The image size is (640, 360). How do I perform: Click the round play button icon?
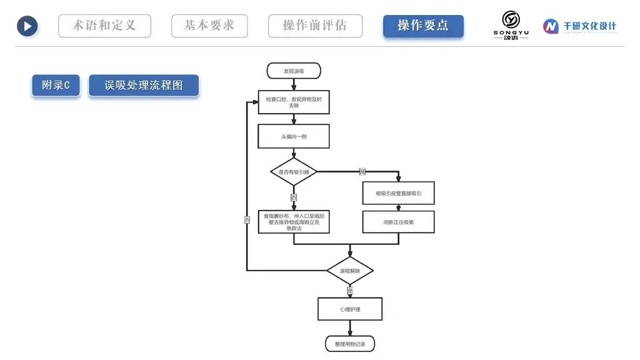click(27, 26)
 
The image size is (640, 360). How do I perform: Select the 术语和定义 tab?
click(104, 26)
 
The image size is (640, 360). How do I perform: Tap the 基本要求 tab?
click(209, 26)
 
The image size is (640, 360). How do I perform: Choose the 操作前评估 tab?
click(315, 26)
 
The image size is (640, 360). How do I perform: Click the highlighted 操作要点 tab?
click(423, 26)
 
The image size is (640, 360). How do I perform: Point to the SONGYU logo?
click(511, 26)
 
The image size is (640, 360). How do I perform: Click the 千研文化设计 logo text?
click(581, 26)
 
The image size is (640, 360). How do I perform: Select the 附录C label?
click(56, 86)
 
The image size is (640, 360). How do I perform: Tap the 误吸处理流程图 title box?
click(144, 86)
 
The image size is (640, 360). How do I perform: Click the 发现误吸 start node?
click(294, 71)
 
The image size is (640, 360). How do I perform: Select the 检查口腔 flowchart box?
click(294, 102)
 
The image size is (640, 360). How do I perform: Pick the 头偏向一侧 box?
click(294, 136)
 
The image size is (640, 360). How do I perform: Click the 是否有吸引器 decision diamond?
click(294, 171)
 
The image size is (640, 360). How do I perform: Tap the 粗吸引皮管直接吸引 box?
click(398, 193)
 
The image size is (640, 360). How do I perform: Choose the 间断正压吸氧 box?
click(398, 222)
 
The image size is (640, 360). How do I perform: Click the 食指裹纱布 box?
click(294, 222)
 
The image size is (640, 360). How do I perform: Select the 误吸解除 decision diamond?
click(350, 271)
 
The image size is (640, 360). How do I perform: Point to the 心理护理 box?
click(350, 309)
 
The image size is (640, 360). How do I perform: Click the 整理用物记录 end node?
click(350, 344)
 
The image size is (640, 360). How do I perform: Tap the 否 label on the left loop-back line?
click(247, 220)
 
